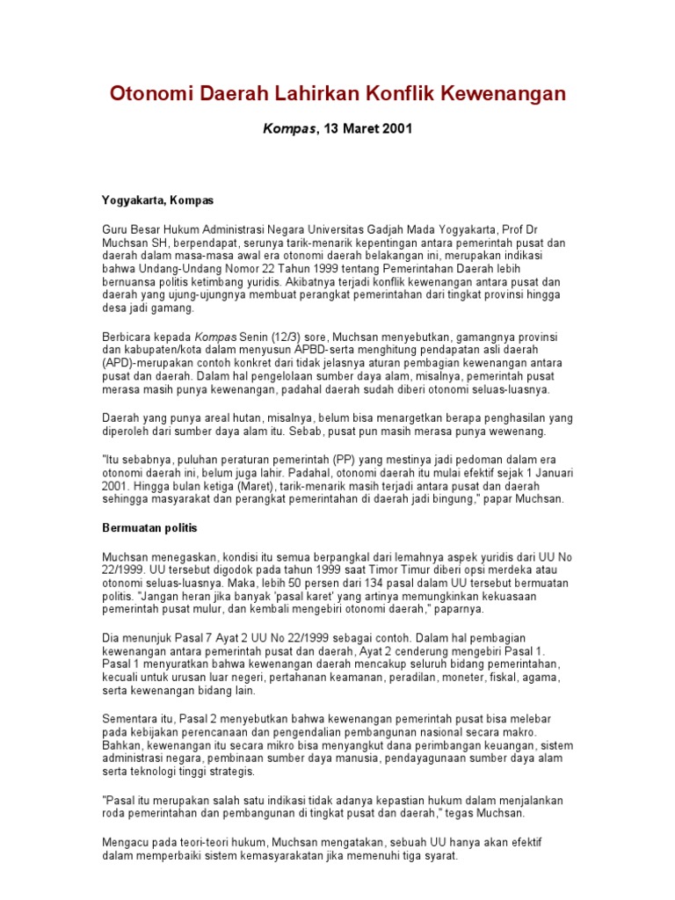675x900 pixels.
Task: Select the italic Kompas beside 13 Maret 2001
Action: (289, 128)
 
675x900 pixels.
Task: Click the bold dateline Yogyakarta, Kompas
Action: (158, 200)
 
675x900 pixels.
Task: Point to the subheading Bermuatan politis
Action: (150, 528)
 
